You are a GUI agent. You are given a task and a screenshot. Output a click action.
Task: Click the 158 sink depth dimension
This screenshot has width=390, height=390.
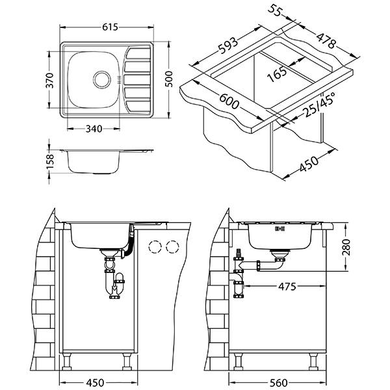click(x=50, y=160)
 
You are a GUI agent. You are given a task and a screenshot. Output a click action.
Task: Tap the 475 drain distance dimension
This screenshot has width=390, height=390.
click(x=289, y=285)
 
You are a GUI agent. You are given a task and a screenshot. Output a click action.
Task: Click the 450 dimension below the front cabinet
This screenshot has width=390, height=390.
click(x=95, y=382)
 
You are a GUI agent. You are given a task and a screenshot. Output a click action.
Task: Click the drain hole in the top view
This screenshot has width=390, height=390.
click(x=102, y=79)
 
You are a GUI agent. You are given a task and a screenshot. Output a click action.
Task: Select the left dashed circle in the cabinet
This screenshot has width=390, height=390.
click(x=155, y=247)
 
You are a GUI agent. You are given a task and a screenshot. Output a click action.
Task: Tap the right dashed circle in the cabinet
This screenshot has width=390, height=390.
click(x=172, y=247)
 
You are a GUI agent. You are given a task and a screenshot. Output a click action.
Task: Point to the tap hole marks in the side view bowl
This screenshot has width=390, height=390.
click(x=281, y=229)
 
